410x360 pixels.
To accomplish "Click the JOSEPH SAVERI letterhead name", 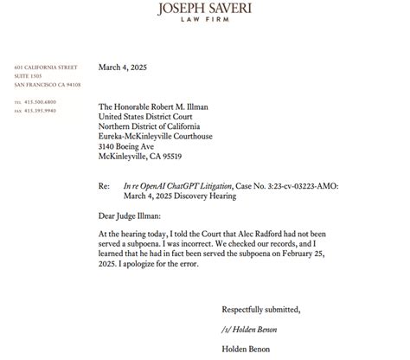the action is pyautogui.click(x=205, y=10).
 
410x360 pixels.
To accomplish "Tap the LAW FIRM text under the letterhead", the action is pyautogui.click(x=205, y=24).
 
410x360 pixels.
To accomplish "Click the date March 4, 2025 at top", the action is pyautogui.click(x=126, y=67).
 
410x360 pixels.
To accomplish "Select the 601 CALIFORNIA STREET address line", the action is pyautogui.click(x=46, y=67).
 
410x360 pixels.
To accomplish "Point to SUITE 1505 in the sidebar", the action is pyautogui.click(x=31, y=76).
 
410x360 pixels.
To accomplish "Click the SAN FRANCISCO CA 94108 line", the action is pyautogui.click(x=48, y=85).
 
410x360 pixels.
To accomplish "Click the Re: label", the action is pyautogui.click(x=105, y=186).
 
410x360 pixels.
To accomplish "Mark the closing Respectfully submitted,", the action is pyautogui.click(x=261, y=309).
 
